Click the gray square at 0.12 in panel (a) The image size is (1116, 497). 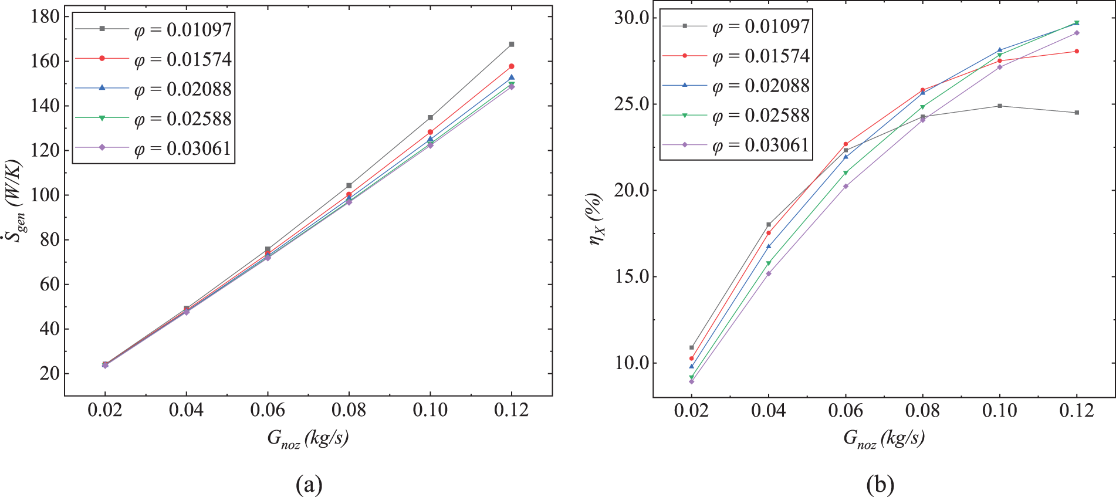click(512, 45)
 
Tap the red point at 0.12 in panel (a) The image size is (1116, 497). click(512, 66)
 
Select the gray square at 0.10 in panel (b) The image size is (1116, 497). click(1000, 106)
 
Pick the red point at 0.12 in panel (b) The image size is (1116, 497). click(1077, 52)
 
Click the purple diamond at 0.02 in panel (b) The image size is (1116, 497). click(692, 381)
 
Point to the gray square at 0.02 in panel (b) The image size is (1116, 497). click(692, 347)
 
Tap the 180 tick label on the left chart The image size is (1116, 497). click(45, 16)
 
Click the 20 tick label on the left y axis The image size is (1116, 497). click(50, 373)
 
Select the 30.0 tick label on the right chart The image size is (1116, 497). click(631, 18)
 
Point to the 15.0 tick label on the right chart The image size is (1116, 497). click(631, 276)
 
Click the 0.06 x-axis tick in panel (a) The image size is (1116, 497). click(268, 410)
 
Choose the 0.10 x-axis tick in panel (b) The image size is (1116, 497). click(1000, 410)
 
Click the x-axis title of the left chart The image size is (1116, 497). click(307, 438)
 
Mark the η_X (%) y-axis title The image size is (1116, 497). click(596, 218)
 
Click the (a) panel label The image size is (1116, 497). click(309, 485)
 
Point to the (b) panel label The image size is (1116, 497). click(881, 485)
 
